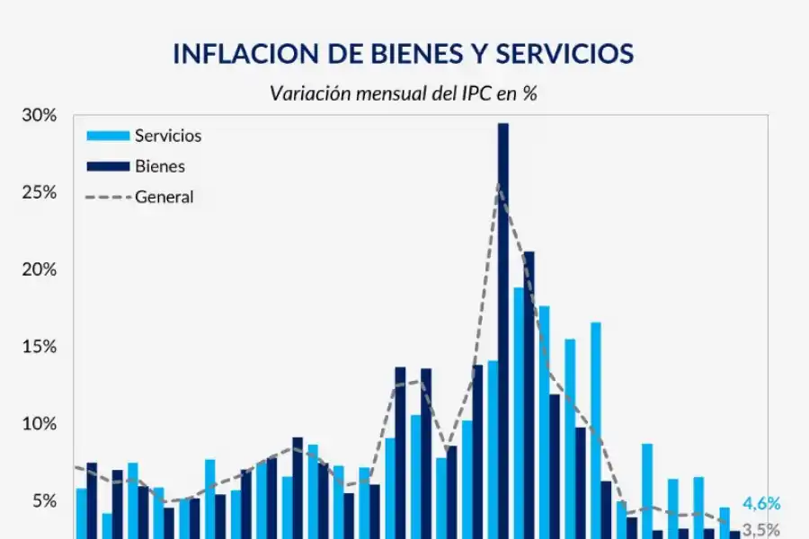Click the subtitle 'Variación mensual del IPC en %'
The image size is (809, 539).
click(403, 93)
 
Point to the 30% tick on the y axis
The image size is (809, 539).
click(39, 116)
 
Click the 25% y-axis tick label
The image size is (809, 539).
click(39, 193)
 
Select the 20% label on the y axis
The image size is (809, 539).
click(39, 269)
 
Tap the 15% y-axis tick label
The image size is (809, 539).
click(39, 347)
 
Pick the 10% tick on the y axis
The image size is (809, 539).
click(39, 424)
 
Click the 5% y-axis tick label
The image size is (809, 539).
click(42, 501)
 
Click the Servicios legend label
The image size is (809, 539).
click(168, 137)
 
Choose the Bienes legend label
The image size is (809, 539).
click(160, 166)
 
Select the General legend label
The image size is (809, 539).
click(164, 196)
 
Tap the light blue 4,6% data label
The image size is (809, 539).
click(761, 504)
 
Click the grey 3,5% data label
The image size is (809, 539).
click(761, 530)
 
